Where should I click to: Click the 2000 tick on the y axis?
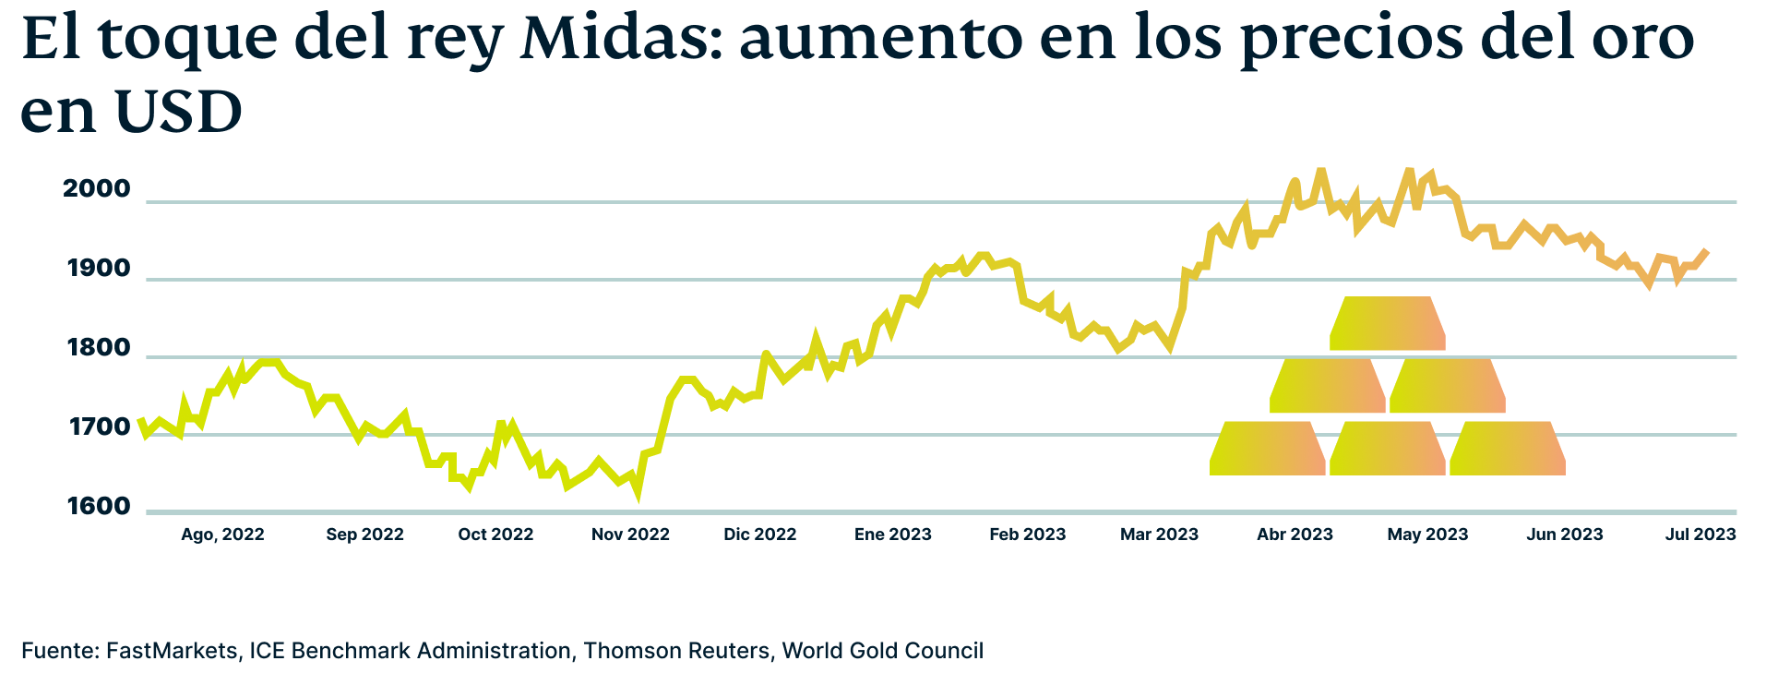pyautogui.click(x=97, y=189)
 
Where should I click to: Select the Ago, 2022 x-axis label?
pyautogui.click(x=222, y=535)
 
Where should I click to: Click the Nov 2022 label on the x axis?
pyautogui.click(x=630, y=535)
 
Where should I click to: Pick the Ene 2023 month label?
pyautogui.click(x=892, y=535)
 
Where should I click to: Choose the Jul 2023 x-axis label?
pyautogui.click(x=1700, y=535)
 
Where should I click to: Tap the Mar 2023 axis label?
pyautogui.click(x=1159, y=535)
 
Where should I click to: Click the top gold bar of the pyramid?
pyautogui.click(x=1388, y=323)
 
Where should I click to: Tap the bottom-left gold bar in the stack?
pyautogui.click(x=1268, y=449)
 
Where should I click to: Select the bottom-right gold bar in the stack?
pyautogui.click(x=1508, y=449)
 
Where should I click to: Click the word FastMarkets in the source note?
pyautogui.click(x=172, y=651)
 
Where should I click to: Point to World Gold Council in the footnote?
pyautogui.click(x=883, y=651)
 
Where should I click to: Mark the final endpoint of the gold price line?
pyautogui.click(x=1707, y=251)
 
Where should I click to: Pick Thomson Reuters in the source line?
pyautogui.click(x=676, y=651)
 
